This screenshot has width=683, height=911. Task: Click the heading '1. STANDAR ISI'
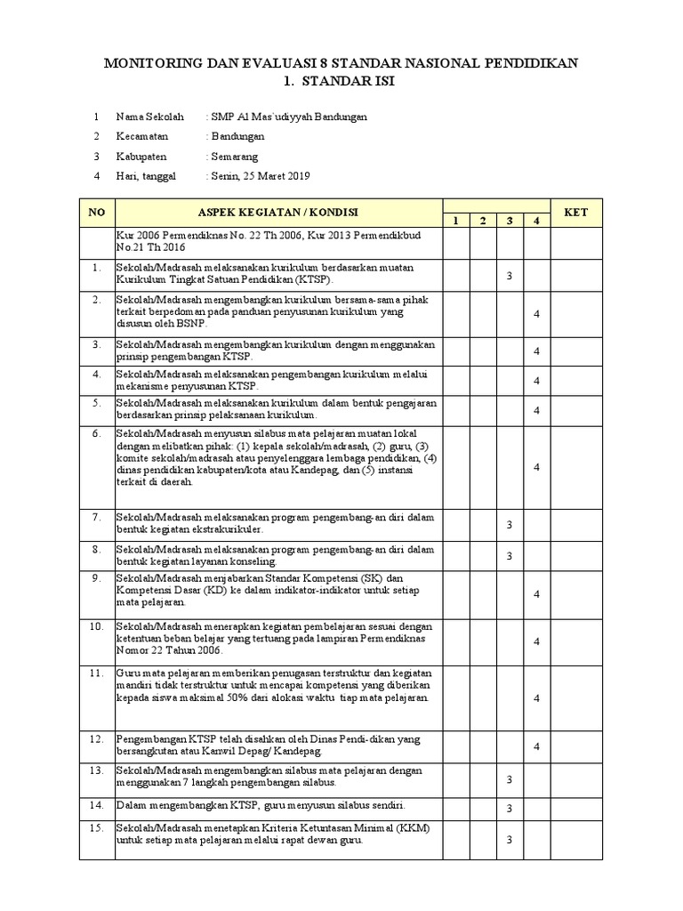click(x=341, y=82)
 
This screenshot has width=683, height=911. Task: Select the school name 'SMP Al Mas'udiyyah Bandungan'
click(x=287, y=117)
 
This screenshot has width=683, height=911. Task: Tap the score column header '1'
click(x=453, y=220)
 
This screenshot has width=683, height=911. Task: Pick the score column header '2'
click(x=481, y=220)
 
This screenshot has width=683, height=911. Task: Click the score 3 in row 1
click(x=510, y=276)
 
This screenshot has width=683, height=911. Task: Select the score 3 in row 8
click(x=510, y=556)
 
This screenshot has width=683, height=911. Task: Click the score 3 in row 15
click(x=510, y=840)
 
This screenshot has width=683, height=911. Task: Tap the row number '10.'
click(x=97, y=627)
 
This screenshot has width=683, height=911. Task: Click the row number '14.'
click(x=97, y=805)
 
